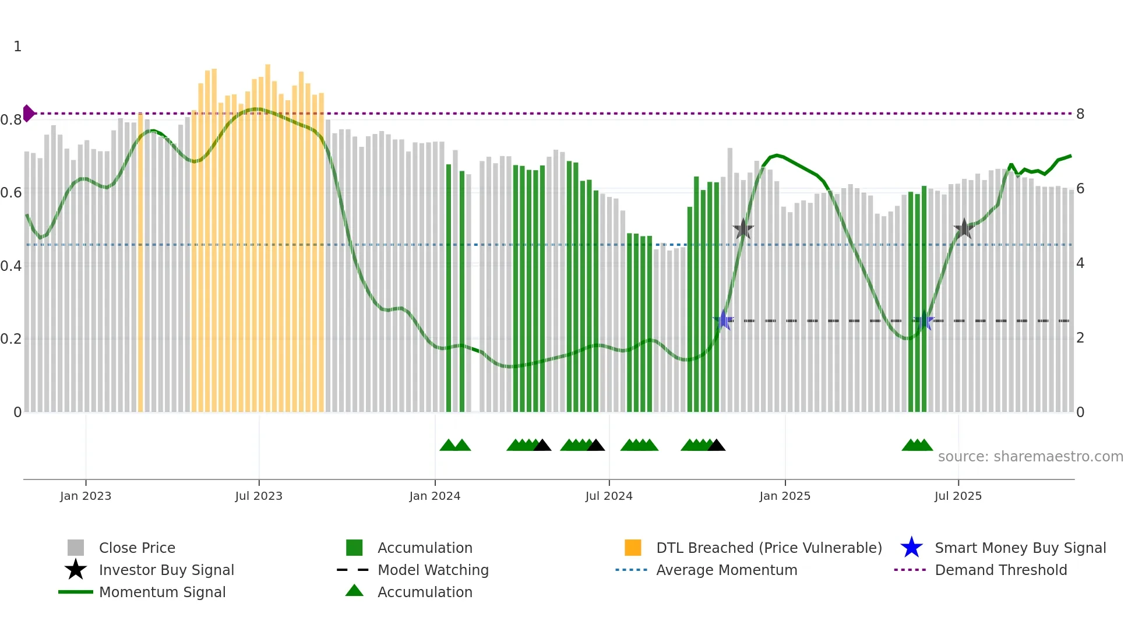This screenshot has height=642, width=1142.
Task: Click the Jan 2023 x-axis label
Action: coord(86,496)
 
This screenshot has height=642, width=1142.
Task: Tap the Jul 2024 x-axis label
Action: coord(609,496)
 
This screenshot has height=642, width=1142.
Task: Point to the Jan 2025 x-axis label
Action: coord(785,496)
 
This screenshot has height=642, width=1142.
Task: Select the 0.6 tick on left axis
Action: coord(11,192)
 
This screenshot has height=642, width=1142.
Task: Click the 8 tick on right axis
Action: coord(1080,114)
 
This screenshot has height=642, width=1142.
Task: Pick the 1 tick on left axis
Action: coord(17,47)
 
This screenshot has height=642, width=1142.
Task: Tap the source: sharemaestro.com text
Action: coord(1030,457)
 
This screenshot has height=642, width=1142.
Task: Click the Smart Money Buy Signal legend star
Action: coord(911,548)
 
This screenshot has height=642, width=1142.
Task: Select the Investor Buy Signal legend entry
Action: coord(166,570)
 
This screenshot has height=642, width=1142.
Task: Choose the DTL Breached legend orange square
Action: coord(633,548)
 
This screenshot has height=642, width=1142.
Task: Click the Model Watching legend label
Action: coord(433,570)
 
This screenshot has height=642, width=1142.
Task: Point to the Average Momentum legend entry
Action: coord(727,570)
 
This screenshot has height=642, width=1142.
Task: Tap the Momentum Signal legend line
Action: coord(76,592)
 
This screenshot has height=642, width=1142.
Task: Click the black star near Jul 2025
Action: coord(964,229)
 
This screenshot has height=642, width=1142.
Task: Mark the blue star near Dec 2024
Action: coord(724,320)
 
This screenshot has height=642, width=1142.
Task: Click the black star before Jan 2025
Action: coord(743,229)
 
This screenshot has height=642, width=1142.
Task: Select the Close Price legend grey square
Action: coord(76,548)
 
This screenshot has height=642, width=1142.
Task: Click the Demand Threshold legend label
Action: coord(1000,570)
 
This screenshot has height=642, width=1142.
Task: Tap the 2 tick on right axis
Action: coord(1080,338)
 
